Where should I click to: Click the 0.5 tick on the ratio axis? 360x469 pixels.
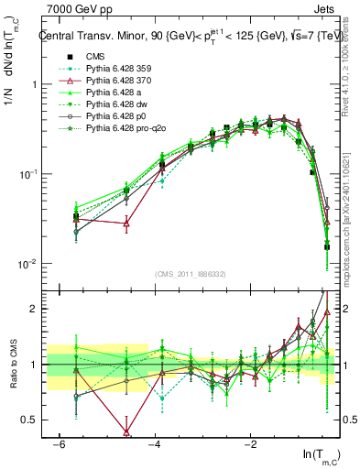click(x=30, y=420)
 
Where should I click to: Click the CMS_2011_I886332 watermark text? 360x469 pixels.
click(x=190, y=274)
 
